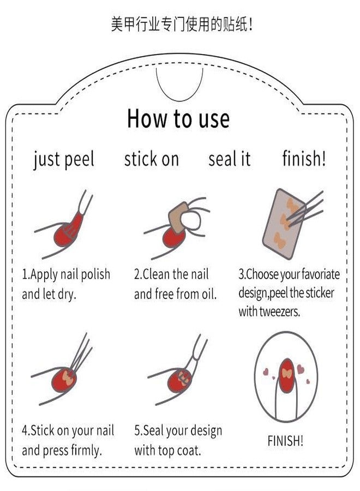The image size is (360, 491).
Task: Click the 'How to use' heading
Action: point(178,118)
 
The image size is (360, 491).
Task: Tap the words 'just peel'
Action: point(64,159)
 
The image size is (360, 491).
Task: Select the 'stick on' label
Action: point(152,158)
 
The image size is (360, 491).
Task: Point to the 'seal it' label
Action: point(230,158)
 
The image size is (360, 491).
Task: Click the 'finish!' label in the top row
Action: point(304,158)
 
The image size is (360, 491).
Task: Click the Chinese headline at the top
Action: point(182,25)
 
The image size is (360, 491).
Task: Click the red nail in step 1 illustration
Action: point(64,235)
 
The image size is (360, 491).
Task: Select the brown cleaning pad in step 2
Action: point(178,217)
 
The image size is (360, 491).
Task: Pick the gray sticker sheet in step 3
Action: point(283,224)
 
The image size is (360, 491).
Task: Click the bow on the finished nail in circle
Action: point(287,373)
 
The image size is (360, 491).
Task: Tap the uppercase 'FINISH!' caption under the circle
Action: point(285,441)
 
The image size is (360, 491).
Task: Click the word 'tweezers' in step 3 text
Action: point(280,312)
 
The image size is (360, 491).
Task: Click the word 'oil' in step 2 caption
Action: point(209,294)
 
